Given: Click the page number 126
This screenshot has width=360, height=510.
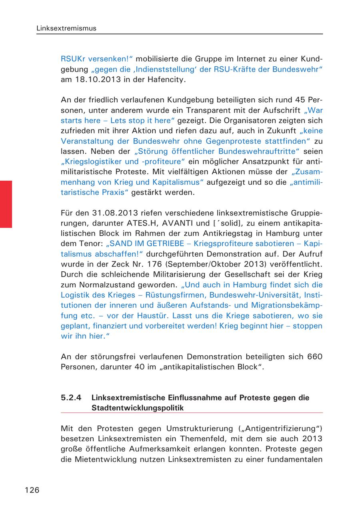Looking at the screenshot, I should [32, 490].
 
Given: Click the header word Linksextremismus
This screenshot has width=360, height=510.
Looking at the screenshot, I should [66, 28].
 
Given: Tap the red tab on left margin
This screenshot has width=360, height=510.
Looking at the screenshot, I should [6, 204].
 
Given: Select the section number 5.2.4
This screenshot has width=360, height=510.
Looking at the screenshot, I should [71, 398].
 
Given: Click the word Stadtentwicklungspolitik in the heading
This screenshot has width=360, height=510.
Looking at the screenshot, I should [138, 408].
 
